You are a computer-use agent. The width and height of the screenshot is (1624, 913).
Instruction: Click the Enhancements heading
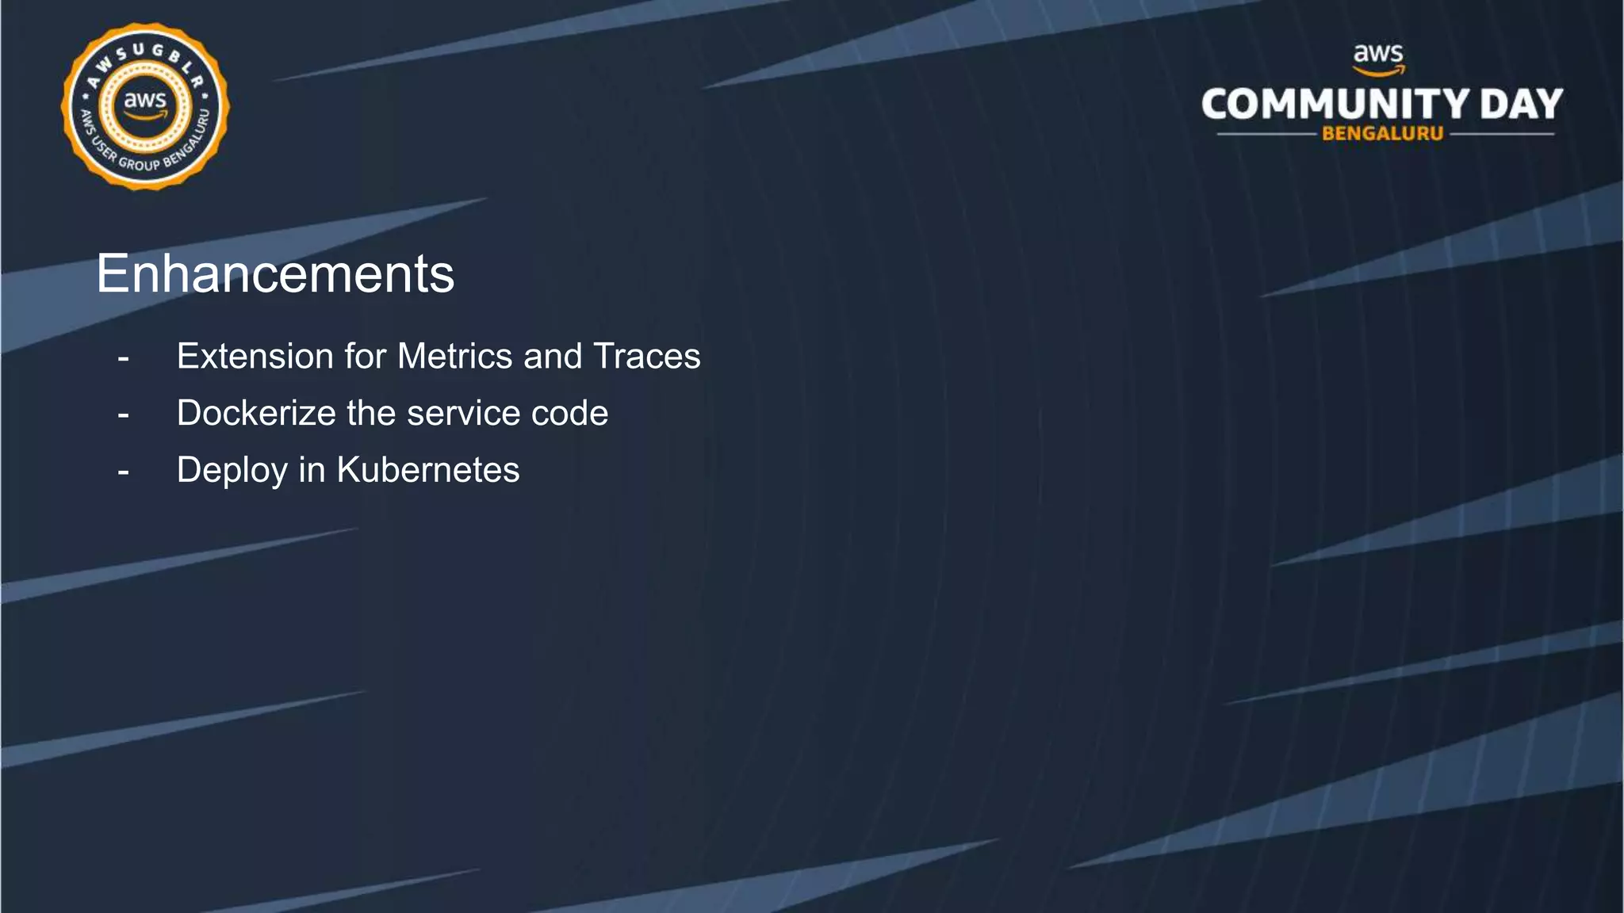[x=275, y=274]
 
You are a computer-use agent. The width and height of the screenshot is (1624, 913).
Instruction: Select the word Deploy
[x=232, y=470]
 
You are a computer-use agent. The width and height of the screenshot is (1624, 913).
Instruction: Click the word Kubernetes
[x=428, y=470]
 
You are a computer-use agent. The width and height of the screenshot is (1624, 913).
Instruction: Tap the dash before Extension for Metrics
[x=123, y=358]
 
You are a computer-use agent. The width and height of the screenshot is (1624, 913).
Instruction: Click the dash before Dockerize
[x=123, y=414]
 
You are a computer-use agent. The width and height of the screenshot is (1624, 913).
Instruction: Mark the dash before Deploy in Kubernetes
[x=123, y=472]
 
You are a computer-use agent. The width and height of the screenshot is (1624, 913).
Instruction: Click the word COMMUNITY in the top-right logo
[x=1335, y=105]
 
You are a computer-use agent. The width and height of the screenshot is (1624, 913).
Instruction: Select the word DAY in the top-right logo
[x=1521, y=105]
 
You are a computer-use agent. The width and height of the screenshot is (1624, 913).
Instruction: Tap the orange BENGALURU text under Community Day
[x=1382, y=134]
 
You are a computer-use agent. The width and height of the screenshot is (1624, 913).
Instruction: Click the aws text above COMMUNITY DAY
[x=1378, y=55]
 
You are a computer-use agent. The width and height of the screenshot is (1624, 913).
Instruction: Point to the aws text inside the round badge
[x=145, y=101]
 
